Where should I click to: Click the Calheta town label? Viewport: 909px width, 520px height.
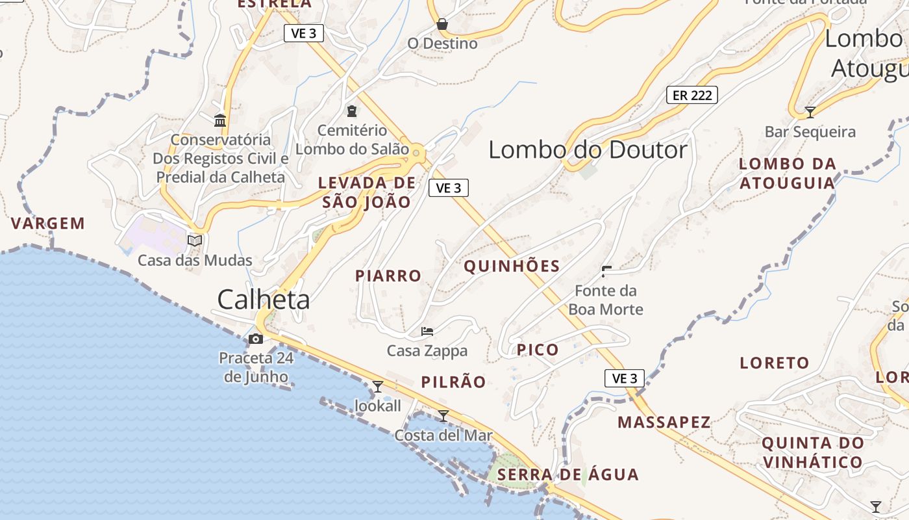click(x=263, y=300)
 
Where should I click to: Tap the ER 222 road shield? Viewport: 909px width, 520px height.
click(x=692, y=95)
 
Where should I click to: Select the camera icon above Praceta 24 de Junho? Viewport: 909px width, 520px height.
click(x=256, y=339)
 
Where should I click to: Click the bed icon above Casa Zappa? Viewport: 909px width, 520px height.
click(x=427, y=331)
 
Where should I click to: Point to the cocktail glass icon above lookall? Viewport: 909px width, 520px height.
click(x=377, y=387)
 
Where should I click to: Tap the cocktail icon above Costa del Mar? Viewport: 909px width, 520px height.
click(x=443, y=415)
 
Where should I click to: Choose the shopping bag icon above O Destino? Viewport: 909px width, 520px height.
click(x=442, y=25)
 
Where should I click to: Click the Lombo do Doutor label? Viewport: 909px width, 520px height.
click(x=588, y=150)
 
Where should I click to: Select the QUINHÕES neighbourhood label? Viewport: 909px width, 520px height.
click(x=512, y=266)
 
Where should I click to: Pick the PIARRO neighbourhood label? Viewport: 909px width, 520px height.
click(x=388, y=276)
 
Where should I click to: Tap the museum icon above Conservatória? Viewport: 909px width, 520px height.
click(x=220, y=120)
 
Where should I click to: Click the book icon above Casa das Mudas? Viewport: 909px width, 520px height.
click(x=195, y=240)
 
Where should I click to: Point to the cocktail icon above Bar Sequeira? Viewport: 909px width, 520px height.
click(x=810, y=112)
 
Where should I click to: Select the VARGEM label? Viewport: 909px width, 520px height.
click(x=48, y=224)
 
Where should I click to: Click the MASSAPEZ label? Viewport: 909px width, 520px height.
click(x=664, y=422)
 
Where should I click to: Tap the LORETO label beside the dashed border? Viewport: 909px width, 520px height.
click(x=775, y=363)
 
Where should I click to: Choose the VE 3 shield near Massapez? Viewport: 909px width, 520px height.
click(x=624, y=378)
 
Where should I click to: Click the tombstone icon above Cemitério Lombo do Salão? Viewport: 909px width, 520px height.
click(x=352, y=111)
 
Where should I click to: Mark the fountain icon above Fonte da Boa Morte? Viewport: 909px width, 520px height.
click(x=607, y=270)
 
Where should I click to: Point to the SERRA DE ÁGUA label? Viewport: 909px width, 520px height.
click(x=568, y=474)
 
